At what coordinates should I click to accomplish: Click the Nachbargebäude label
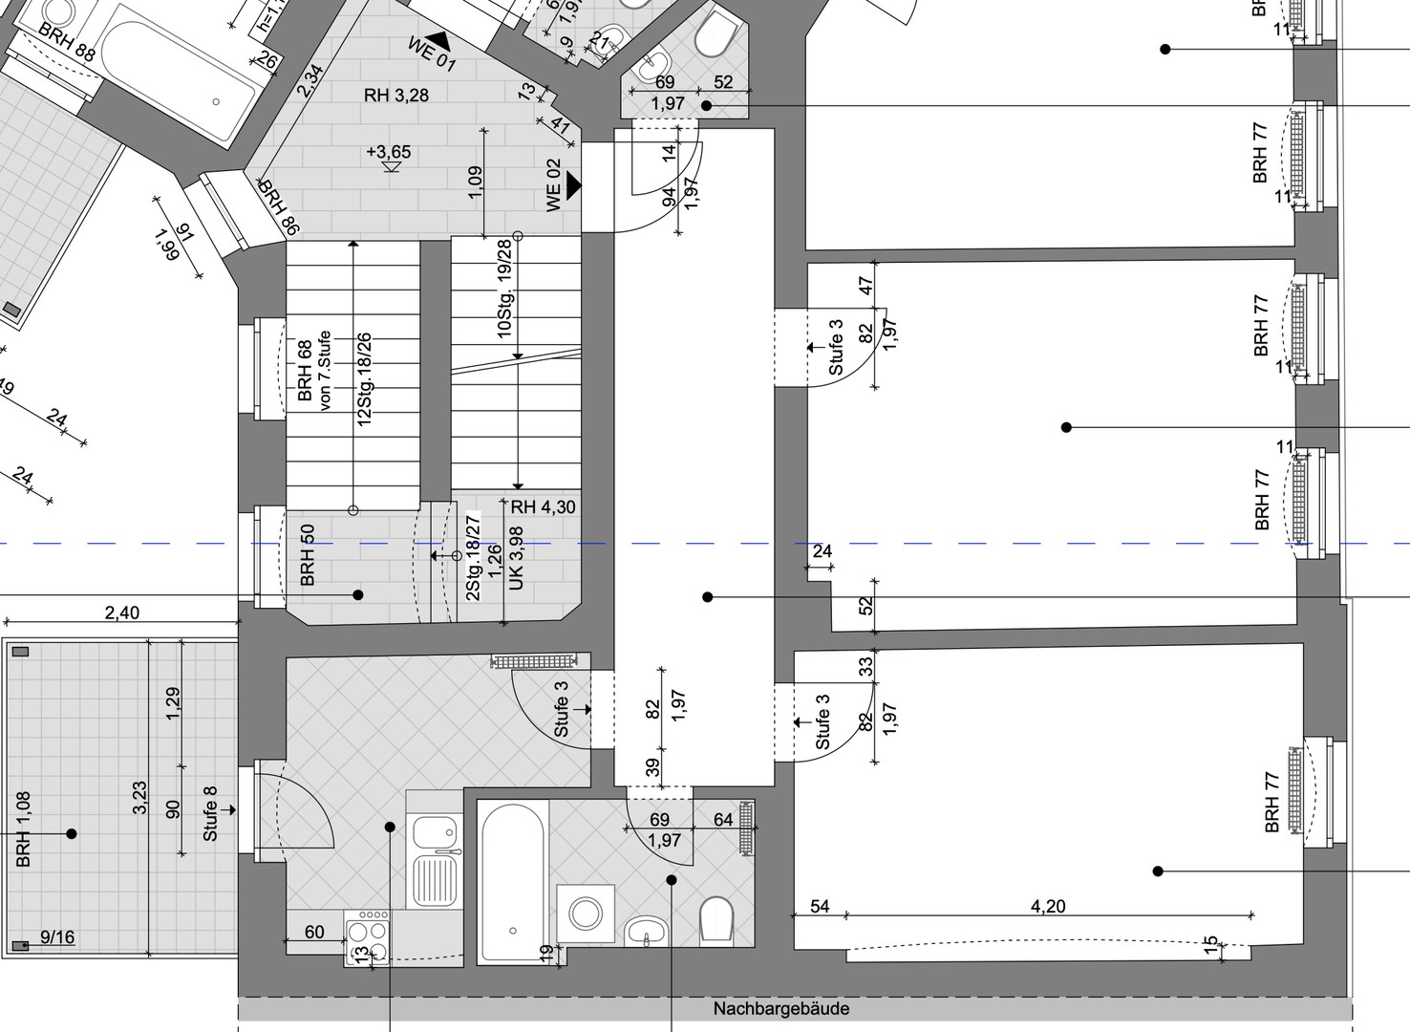780,1008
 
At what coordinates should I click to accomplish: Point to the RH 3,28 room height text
395,95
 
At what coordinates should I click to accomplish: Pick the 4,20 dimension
1048,906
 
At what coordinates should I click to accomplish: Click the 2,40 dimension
121,613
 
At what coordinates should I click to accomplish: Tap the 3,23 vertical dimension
139,798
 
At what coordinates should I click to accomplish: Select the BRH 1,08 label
24,828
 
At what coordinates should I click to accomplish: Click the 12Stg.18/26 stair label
364,380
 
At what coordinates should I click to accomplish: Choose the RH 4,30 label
543,507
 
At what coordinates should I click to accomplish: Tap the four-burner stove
368,937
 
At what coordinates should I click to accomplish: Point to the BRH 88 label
67,42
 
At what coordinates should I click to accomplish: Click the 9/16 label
57,937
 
